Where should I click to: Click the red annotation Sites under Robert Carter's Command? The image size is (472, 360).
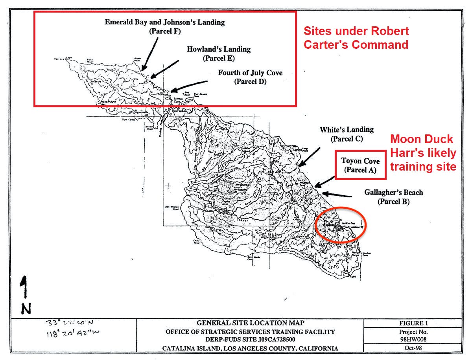[x=356, y=38]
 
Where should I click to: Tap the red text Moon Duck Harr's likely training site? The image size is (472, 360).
[x=423, y=153]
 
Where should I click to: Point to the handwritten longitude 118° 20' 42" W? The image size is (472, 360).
[x=73, y=333]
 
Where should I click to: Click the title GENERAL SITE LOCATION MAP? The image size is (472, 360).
[x=250, y=323]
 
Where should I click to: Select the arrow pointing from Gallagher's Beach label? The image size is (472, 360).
[x=337, y=194]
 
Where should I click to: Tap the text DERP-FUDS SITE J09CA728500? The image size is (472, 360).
[x=250, y=340]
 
